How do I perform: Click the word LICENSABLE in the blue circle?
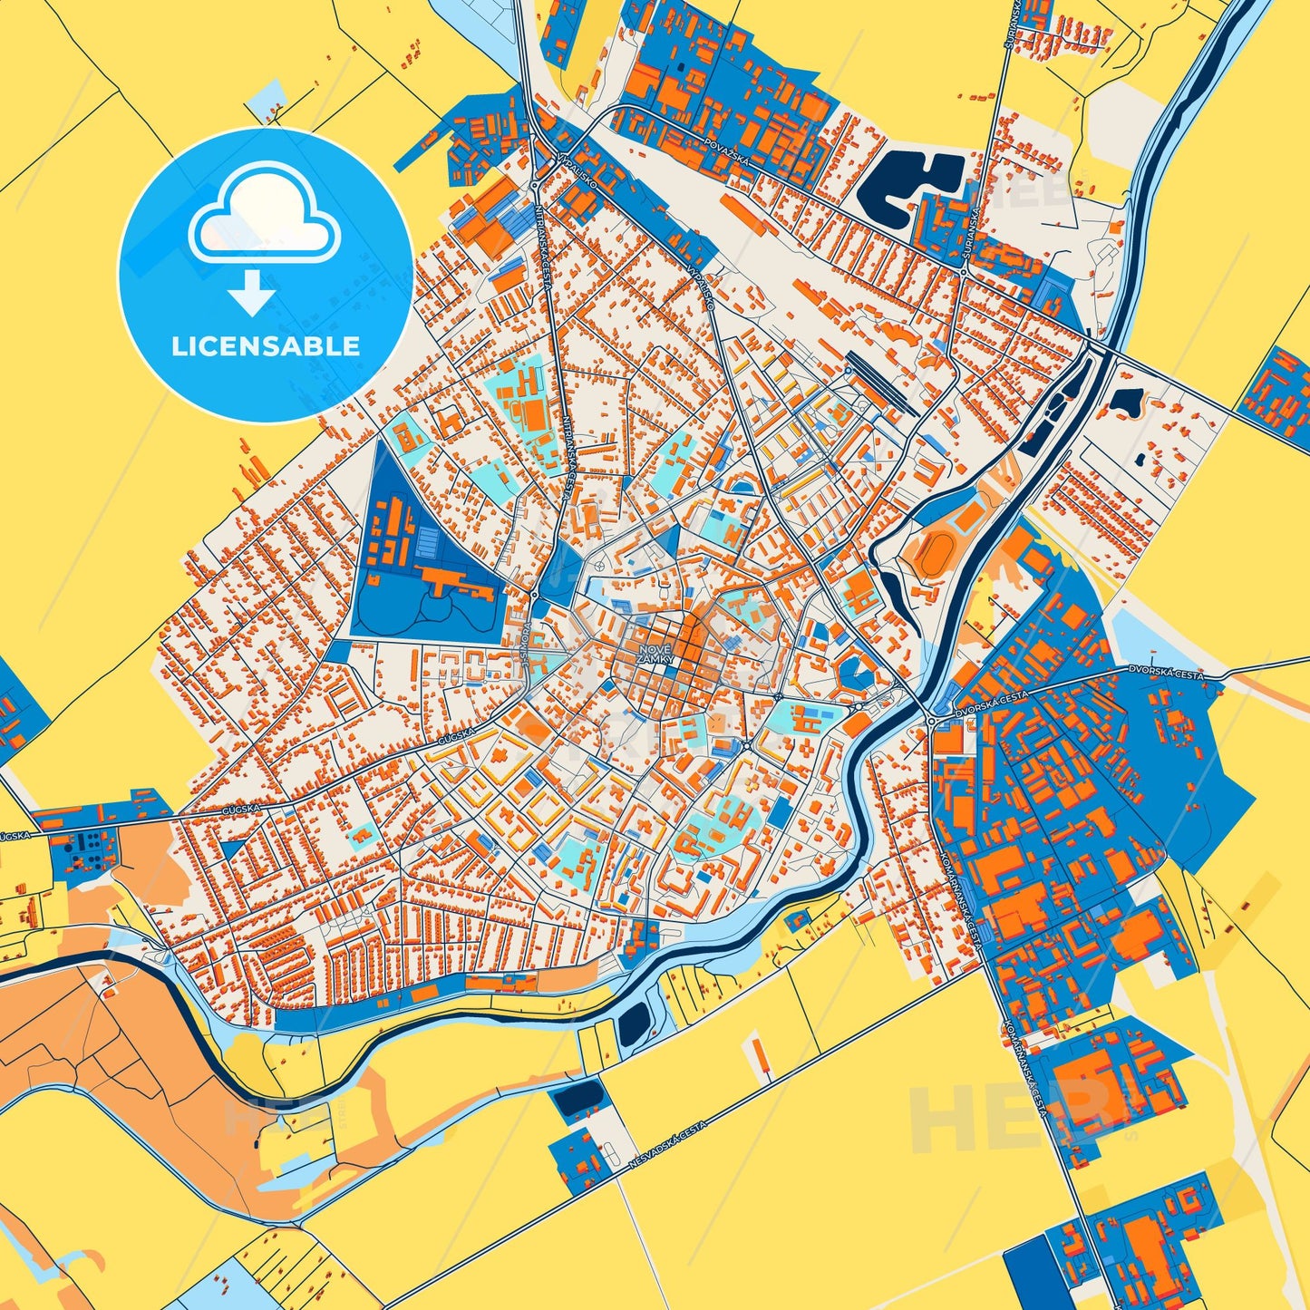coord(265,346)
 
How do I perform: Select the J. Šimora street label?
coord(527,646)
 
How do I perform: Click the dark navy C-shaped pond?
coord(907,189)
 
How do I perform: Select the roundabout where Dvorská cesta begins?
coord(932,721)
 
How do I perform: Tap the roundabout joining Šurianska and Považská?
coord(964,270)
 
